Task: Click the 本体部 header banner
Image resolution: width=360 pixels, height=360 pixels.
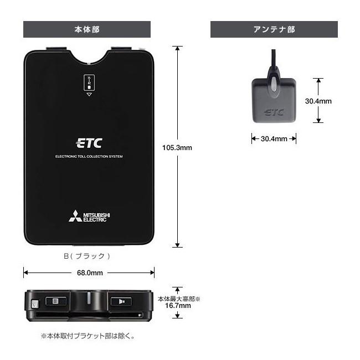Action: point(87,29)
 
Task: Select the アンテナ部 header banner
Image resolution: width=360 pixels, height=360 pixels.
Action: point(274,29)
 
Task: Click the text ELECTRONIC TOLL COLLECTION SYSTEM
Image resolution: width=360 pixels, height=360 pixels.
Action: point(89,157)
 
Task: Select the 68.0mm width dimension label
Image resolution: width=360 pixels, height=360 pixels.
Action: point(89,272)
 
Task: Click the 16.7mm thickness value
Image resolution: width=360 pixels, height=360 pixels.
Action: point(178,305)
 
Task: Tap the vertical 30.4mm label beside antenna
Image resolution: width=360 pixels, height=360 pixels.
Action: point(318,101)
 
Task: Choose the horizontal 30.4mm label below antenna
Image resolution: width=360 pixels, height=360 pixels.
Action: point(274,139)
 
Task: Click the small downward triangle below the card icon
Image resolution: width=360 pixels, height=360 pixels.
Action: point(89,95)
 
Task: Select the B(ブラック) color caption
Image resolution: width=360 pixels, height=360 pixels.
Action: point(87,256)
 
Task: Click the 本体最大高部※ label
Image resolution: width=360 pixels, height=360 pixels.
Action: point(178,298)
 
